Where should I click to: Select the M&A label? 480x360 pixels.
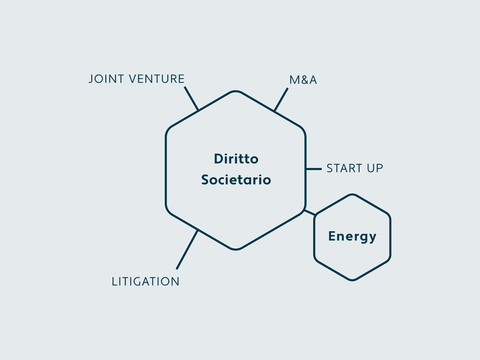[303, 80]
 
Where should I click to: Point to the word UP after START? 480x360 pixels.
[375, 168]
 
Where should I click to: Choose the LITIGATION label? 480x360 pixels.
[146, 281]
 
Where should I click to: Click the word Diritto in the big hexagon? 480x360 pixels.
[236, 159]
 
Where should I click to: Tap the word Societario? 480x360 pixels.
[236, 180]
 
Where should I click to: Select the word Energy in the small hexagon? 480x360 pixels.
[353, 237]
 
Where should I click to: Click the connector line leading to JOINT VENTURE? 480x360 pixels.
[191, 99]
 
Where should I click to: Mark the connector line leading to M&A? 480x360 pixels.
[281, 100]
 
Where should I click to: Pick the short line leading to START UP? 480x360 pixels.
[314, 169]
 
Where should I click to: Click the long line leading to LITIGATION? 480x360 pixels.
[187, 249]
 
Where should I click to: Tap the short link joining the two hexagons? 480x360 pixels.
[309, 212]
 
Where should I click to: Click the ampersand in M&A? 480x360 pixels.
[303, 80]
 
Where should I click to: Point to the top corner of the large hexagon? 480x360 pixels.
[236, 91]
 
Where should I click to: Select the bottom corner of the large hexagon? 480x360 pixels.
[236, 249]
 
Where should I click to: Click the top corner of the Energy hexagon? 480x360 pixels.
[353, 195]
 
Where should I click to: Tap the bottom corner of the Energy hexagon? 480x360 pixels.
[353, 280]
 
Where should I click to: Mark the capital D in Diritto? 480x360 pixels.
[218, 159]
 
